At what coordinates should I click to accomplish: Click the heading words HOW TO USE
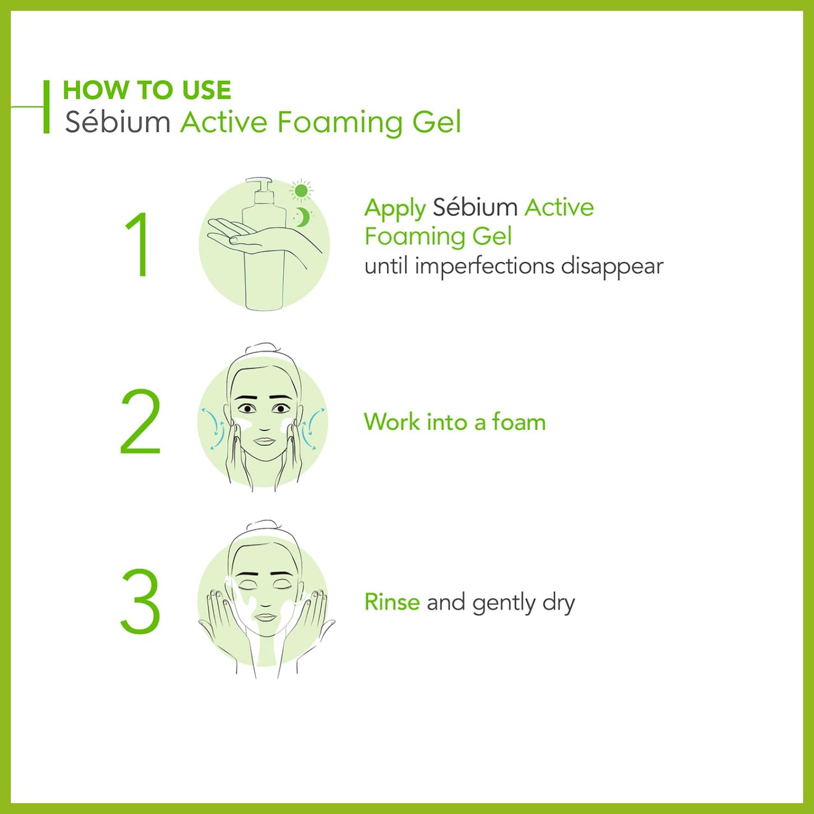pyautogui.click(x=146, y=90)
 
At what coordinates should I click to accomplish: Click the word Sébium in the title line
pyautogui.click(x=118, y=122)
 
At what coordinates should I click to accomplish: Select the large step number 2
pyautogui.click(x=141, y=421)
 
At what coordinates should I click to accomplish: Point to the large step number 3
pyautogui.click(x=141, y=601)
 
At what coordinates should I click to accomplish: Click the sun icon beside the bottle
pyautogui.click(x=301, y=190)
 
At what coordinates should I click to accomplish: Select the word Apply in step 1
pyautogui.click(x=395, y=208)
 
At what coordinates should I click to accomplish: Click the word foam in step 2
pyautogui.click(x=519, y=421)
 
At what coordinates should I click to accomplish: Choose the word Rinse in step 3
pyautogui.click(x=392, y=602)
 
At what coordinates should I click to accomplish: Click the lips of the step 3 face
pyautogui.click(x=265, y=617)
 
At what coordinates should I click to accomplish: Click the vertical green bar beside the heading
pyautogui.click(x=46, y=107)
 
